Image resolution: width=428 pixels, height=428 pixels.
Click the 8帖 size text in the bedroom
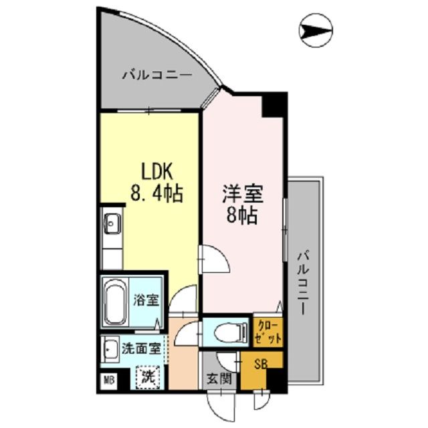coord(242,217)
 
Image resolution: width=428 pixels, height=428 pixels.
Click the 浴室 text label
coord(146,300)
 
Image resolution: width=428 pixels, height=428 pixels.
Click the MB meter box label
coord(108,381)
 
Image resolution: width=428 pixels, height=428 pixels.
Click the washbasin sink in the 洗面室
coord(111,348)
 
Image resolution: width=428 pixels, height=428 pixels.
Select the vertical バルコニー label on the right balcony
coord(304,281)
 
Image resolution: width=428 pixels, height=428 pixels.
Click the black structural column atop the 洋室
coord(274,104)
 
